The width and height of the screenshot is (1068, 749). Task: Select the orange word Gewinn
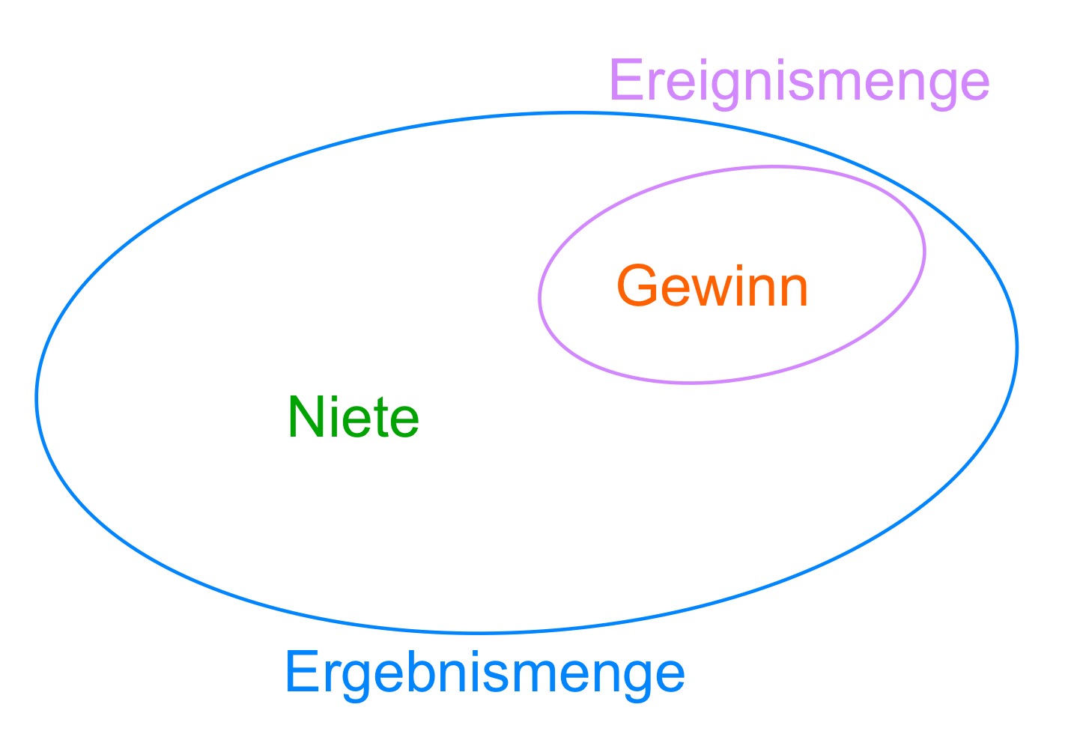click(x=712, y=285)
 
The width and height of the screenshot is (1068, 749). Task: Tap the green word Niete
click(x=354, y=416)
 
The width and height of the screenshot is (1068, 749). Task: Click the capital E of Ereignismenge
click(x=628, y=79)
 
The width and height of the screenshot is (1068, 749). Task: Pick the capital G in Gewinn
click(x=637, y=285)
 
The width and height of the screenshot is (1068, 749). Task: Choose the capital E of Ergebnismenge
click(x=303, y=671)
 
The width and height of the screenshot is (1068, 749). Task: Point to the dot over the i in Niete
click(x=335, y=398)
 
